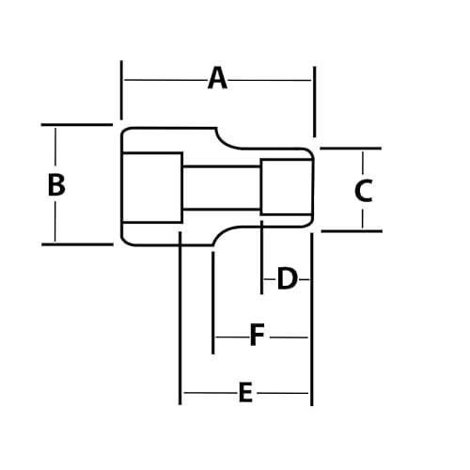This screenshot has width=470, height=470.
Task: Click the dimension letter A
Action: coord(217,78)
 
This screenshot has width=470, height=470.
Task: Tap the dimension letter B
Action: coord(56,185)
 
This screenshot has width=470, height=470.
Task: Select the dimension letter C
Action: coord(364,190)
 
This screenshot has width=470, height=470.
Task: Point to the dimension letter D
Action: coord(287,278)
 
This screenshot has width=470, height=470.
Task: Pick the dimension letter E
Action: coord(245,392)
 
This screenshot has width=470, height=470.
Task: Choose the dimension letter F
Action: coord(258,336)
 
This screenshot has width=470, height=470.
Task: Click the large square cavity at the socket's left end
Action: coord(151,187)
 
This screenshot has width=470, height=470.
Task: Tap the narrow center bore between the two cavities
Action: coord(222,187)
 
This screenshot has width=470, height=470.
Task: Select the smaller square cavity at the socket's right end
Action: coord(287,187)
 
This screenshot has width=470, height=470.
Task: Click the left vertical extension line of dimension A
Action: coord(121,90)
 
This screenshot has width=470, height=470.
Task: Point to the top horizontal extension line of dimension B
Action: coord(77,125)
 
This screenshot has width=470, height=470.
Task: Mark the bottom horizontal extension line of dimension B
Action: coord(77,244)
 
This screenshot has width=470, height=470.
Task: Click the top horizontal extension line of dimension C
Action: coord(351,149)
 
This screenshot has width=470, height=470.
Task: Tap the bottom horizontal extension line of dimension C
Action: coord(352,231)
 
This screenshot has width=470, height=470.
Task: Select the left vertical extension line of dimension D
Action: coord(261,258)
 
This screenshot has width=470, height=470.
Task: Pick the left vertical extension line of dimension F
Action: coord(213,303)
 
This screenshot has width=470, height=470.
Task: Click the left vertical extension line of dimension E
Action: coord(180,318)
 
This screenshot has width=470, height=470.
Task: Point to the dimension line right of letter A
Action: coord(270,80)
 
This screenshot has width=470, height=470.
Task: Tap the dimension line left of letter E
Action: coord(211,392)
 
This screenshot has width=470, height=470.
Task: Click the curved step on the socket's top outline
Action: coord(225,144)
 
